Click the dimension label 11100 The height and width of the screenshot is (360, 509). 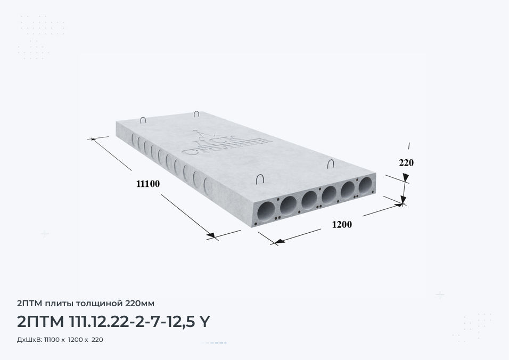148,184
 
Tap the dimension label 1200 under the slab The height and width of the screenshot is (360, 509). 342,224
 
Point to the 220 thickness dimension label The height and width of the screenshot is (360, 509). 406,162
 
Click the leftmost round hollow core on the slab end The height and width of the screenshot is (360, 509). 266,211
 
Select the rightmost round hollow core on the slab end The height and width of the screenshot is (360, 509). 366,185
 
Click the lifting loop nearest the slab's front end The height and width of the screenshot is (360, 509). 260,179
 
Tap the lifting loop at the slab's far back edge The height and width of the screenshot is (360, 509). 196,113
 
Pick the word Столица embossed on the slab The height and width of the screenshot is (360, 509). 226,148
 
